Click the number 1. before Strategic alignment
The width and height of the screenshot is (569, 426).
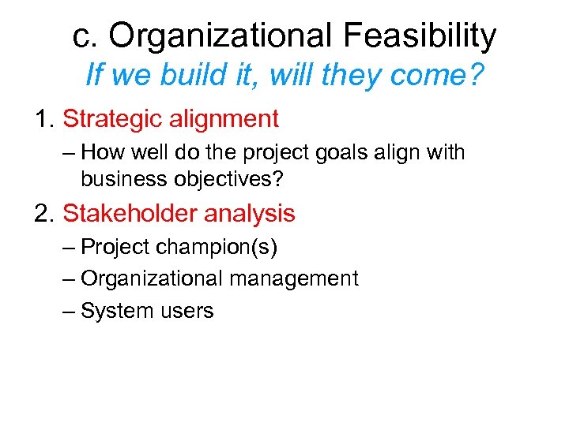click(x=45, y=119)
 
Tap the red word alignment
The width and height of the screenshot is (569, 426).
click(x=227, y=119)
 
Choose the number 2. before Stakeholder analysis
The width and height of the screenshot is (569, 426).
click(x=45, y=213)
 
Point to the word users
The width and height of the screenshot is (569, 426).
click(x=187, y=311)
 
